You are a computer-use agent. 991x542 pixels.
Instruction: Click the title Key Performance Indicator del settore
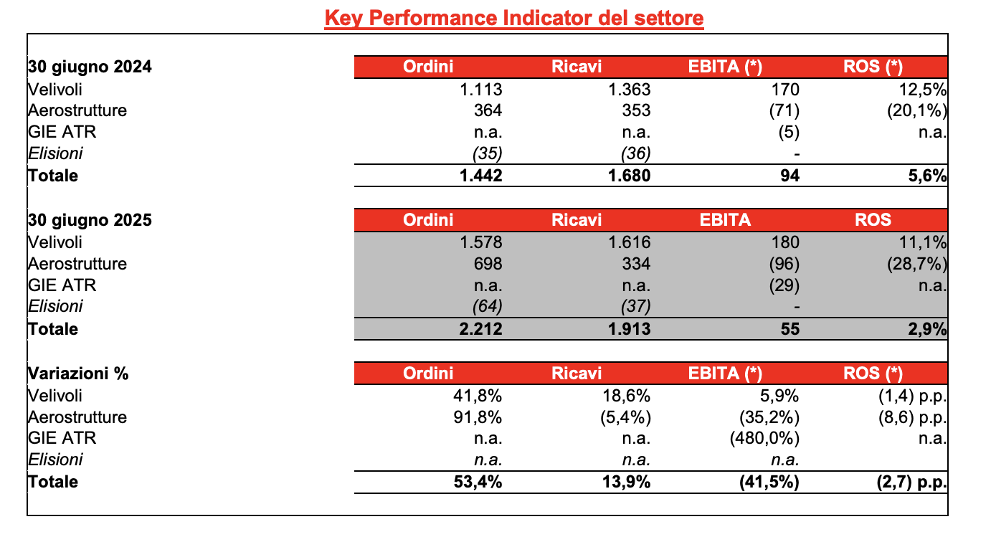(514, 19)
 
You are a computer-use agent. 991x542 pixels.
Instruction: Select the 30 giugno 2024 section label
(90, 67)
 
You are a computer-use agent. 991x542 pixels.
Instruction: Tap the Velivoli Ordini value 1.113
(481, 90)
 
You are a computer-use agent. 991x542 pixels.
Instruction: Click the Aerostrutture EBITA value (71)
(784, 110)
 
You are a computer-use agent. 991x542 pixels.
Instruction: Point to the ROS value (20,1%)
(917, 110)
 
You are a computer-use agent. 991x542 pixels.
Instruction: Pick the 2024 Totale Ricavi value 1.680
(629, 176)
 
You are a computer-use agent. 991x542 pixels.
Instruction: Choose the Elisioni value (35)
(487, 153)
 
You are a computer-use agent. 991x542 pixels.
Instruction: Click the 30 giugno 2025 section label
(90, 220)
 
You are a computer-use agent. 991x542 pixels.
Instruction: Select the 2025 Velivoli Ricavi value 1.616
(629, 242)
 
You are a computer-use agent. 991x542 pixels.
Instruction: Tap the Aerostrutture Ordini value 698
(488, 264)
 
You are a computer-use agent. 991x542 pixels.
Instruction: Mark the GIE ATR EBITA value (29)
(784, 285)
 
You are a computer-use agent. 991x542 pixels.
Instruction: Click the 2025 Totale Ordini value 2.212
(481, 329)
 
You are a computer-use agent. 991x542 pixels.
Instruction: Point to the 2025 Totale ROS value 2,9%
(927, 329)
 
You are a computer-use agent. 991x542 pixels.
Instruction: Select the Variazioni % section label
(78, 374)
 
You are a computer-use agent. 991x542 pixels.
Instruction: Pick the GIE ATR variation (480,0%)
(764, 439)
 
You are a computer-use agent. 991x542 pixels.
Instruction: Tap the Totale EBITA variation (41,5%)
(769, 482)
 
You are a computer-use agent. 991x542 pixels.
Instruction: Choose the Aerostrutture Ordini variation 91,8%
(478, 417)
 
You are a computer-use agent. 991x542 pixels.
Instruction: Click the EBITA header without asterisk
(725, 220)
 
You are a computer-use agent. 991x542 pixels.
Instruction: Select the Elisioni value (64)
(487, 306)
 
